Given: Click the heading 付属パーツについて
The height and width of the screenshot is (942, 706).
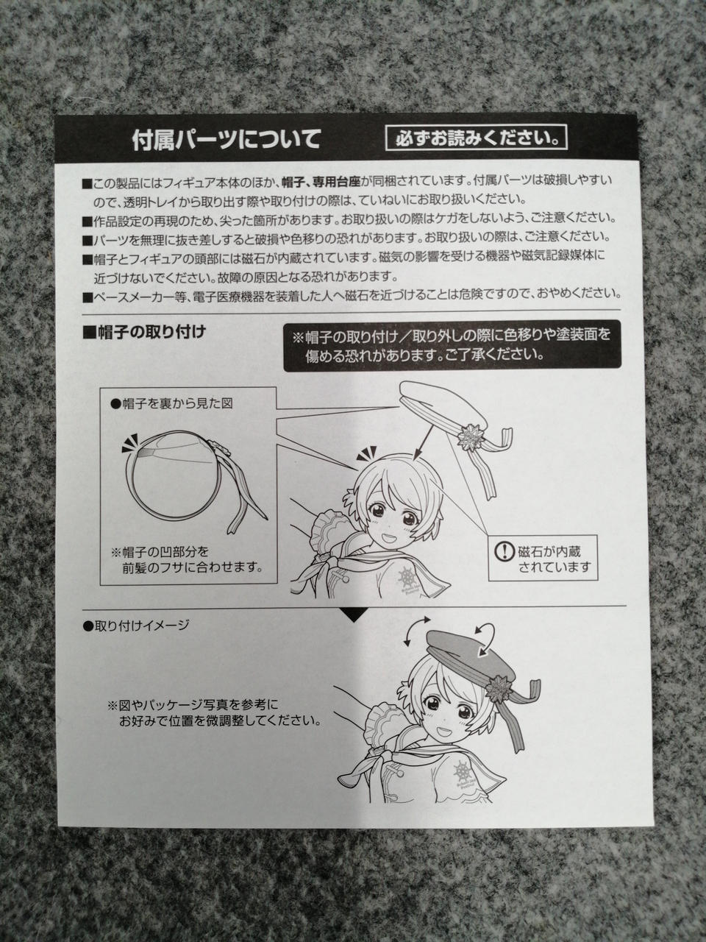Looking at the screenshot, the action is (227, 140).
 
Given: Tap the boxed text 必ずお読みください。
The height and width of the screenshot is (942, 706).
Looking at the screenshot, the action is (477, 138).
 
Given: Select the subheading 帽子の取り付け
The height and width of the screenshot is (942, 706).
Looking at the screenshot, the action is (144, 333).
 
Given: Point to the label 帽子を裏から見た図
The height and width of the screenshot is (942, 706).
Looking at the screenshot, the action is (171, 404).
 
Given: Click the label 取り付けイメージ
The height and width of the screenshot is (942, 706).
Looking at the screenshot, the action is (136, 626).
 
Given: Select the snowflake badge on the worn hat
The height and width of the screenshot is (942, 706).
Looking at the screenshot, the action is (498, 686).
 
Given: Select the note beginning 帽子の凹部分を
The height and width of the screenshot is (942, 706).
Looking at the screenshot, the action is (187, 559).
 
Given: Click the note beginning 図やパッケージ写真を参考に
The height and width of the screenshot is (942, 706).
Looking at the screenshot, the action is (214, 712).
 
